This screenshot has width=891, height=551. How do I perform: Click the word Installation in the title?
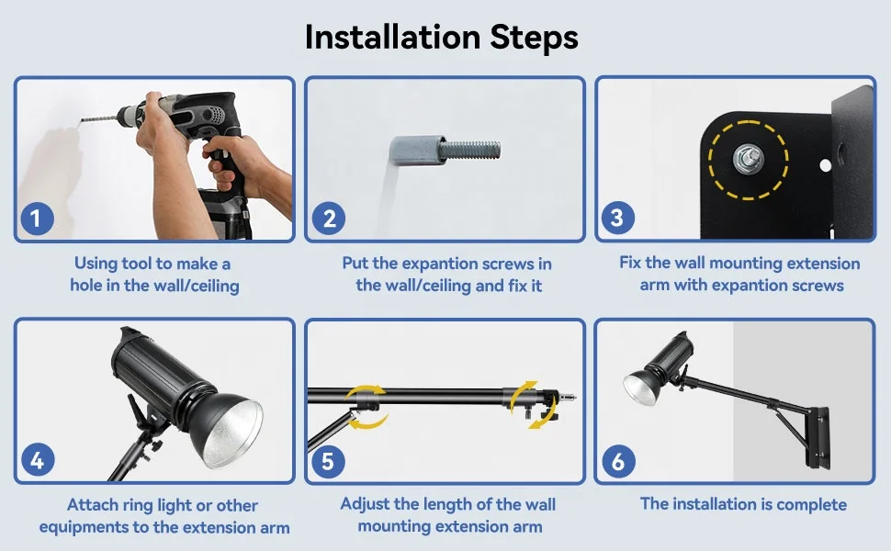[x=392, y=38]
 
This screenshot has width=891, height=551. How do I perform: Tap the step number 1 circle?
[x=37, y=219]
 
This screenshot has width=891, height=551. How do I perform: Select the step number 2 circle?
[x=329, y=219]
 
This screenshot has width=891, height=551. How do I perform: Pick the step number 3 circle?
[x=617, y=218]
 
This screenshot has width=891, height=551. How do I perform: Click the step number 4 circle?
[x=38, y=459]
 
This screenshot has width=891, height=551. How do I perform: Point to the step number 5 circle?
[x=328, y=461]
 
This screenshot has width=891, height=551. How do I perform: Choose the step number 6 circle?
[x=618, y=461]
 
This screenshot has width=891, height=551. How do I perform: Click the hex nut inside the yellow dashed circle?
[x=748, y=160]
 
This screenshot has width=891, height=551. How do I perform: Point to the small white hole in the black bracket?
[x=825, y=166]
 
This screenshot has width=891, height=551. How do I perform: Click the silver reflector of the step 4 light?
[x=233, y=432]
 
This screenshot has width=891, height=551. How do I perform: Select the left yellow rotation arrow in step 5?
[x=367, y=407]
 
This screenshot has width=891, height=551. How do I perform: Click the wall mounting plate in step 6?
[x=818, y=437]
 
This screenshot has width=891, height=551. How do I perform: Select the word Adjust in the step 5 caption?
[x=365, y=505]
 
